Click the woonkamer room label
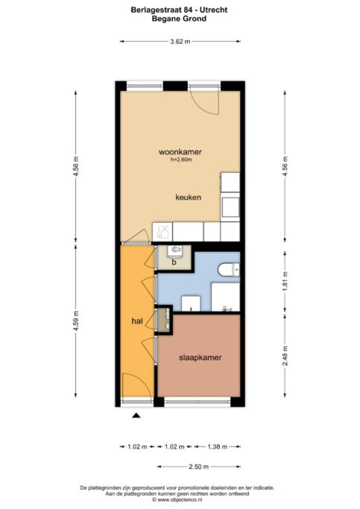(x=180, y=152)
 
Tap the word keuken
(x=187, y=197)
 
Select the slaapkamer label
(x=200, y=357)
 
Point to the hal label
(x=136, y=320)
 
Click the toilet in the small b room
(x=176, y=250)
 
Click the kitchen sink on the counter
(x=164, y=233)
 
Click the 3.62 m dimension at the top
(x=180, y=42)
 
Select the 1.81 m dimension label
(x=285, y=285)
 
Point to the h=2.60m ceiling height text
(x=181, y=160)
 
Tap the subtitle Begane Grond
(x=180, y=19)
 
